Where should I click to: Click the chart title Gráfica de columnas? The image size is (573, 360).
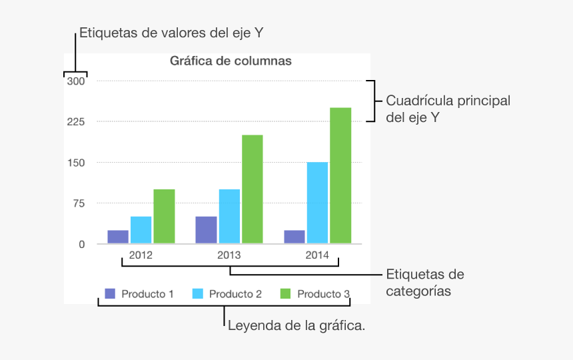[x=231, y=61]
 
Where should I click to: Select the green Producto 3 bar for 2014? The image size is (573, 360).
[x=340, y=175]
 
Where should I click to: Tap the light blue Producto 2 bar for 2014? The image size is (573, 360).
[x=317, y=203]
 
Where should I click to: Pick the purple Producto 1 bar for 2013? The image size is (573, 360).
[x=206, y=229]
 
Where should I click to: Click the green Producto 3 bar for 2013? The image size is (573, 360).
[x=252, y=189]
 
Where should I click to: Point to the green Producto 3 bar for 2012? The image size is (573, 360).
[x=164, y=216]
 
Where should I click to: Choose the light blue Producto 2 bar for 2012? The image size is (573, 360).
[x=141, y=229]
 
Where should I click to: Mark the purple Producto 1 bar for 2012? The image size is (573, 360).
[x=118, y=237]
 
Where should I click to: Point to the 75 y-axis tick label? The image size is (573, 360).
[x=79, y=203]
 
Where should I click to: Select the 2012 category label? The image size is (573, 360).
[x=141, y=255]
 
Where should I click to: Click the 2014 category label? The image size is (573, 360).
[x=317, y=255]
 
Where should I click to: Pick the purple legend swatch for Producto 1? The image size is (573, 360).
[x=110, y=293]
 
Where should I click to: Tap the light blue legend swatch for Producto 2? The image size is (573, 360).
[x=198, y=293]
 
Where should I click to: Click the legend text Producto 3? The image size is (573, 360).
[x=323, y=294]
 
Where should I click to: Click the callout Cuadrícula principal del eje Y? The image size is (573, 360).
[x=448, y=109]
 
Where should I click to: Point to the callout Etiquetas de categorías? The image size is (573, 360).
[x=425, y=283]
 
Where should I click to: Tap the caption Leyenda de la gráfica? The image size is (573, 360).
[x=296, y=326]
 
